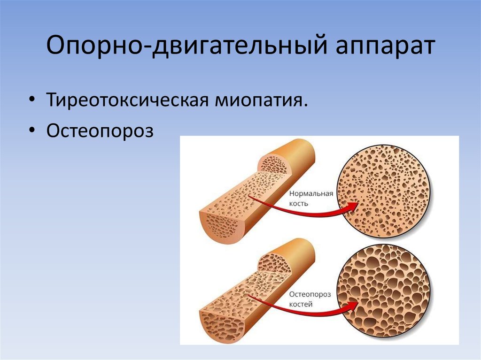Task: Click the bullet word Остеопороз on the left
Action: tap(100, 130)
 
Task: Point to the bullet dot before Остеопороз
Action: tap(31, 130)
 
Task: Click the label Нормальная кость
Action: tap(310, 198)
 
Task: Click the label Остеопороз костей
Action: tap(310, 299)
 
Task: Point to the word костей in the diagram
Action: tap(301, 304)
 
